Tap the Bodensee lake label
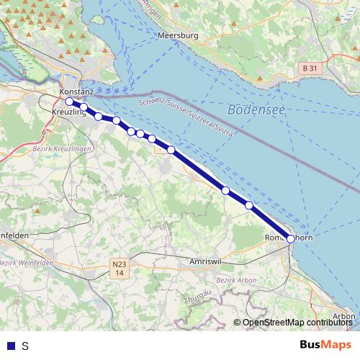click(x=256, y=109)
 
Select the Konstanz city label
click(x=76, y=93)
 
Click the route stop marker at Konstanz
click(x=69, y=102)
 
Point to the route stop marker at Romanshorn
click(x=291, y=238)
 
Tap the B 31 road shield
click(x=308, y=68)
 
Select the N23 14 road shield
click(x=120, y=269)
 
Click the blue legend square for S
click(x=9, y=346)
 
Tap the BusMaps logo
click(x=325, y=345)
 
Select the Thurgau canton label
click(x=195, y=298)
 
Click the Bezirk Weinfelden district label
click(x=22, y=262)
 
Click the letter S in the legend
click(x=25, y=346)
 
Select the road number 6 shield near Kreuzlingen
click(x=44, y=133)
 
